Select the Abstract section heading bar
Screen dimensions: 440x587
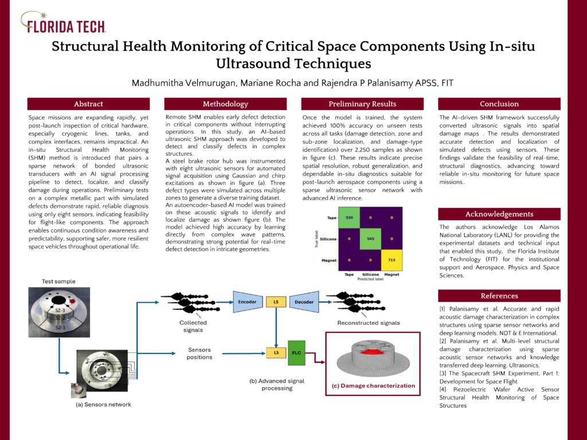pyautogui.click(x=88, y=104)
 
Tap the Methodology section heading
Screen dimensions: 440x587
pyautogui.click(x=225, y=104)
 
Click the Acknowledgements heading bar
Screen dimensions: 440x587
pyautogui.click(x=499, y=214)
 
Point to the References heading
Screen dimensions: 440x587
pyautogui.click(x=499, y=296)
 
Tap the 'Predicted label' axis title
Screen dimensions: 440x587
pyautogui.click(x=370, y=279)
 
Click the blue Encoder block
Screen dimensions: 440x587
pyautogui.click(x=246, y=302)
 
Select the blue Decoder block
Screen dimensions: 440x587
pyautogui.click(x=303, y=302)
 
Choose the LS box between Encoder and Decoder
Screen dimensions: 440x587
pyautogui.click(x=275, y=302)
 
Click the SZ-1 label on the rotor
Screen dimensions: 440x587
pyautogui.click(x=60, y=326)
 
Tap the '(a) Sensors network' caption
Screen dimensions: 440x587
pyautogui.click(x=103, y=404)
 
